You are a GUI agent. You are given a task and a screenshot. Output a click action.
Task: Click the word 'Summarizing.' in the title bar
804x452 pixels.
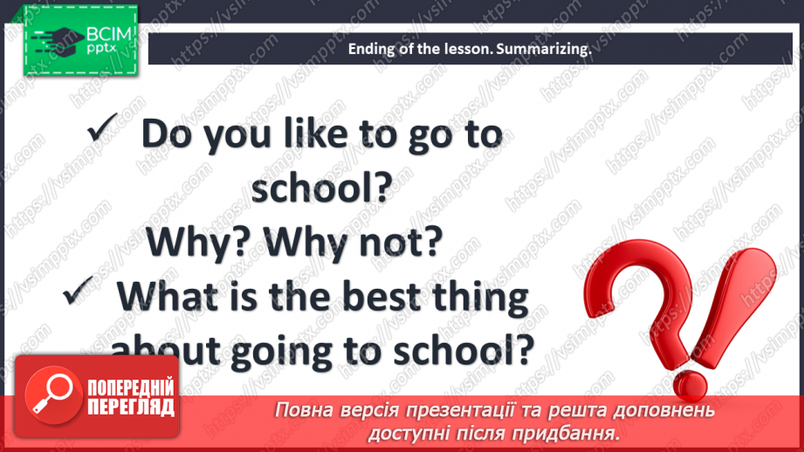[544, 49]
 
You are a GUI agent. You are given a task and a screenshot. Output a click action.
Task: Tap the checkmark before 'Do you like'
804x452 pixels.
[102, 127]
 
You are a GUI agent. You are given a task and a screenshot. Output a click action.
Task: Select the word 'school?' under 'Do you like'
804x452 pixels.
[322, 187]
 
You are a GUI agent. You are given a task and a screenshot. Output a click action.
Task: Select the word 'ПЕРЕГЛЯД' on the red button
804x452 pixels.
[131, 407]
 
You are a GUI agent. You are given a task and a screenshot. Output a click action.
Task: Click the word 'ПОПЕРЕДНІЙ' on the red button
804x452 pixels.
[131, 388]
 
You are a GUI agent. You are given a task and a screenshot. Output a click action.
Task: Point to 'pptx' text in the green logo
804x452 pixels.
[101, 49]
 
